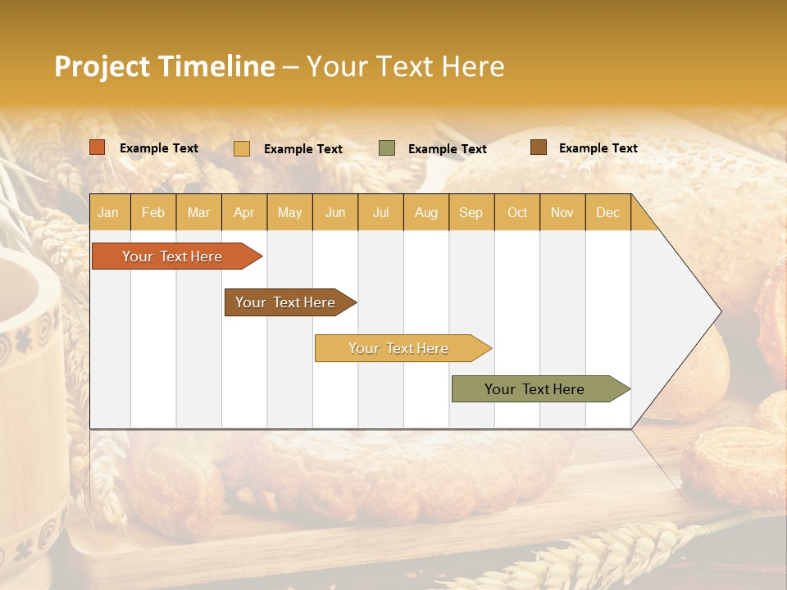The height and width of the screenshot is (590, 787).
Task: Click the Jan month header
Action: tap(108, 212)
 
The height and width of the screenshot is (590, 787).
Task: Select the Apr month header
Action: tap(243, 212)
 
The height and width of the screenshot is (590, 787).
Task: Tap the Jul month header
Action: tap(380, 212)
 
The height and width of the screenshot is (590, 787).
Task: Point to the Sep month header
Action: tap(471, 212)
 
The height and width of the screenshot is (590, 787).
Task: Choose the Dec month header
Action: tap(607, 212)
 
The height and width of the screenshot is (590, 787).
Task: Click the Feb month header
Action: tap(153, 212)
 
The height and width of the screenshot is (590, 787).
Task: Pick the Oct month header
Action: tap(517, 212)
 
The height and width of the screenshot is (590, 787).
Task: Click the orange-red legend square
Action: tap(98, 147)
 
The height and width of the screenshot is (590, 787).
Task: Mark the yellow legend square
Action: tap(242, 148)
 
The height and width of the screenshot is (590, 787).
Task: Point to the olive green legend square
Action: tap(387, 148)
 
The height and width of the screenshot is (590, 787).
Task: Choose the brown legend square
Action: tap(539, 147)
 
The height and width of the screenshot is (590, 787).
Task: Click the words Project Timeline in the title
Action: tap(164, 66)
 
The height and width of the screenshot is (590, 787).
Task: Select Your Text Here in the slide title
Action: tap(405, 66)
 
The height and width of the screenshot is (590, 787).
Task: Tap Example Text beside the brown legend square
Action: tap(598, 148)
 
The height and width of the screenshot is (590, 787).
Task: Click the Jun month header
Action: tap(335, 212)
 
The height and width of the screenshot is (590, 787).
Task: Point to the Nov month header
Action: tap(562, 212)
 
